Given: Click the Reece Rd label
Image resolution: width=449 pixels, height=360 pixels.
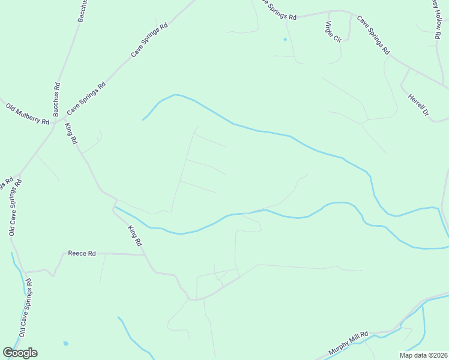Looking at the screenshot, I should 82,254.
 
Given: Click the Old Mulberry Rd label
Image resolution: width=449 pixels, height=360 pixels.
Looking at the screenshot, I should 28,113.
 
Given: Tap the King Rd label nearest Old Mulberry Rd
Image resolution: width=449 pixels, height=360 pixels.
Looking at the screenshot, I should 72,133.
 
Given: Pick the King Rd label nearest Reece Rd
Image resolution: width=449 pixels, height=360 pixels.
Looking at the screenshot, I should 134,235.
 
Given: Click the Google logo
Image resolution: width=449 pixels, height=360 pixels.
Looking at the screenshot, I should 20,353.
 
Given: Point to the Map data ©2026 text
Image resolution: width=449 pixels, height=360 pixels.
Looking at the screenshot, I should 423,355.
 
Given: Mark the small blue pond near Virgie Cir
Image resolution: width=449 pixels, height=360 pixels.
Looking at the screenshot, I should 285,40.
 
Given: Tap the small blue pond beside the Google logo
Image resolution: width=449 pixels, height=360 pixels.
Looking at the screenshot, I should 65,344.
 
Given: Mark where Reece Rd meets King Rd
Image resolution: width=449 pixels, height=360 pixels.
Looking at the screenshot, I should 145,254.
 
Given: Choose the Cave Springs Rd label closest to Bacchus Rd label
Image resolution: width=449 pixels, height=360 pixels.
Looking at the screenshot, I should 86,98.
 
